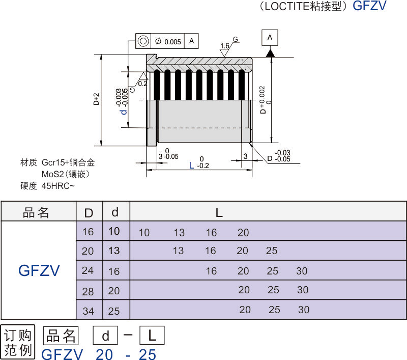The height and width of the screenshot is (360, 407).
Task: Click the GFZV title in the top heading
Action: pos(369,6)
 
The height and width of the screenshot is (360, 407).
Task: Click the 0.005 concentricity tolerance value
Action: pos(172,41)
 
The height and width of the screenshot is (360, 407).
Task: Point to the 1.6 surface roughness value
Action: pos(224,46)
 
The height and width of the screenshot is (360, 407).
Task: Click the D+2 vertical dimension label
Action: pos(96,99)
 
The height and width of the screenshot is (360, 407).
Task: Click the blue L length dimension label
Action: pos(191,165)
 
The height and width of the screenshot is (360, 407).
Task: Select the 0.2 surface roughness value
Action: pos(143,84)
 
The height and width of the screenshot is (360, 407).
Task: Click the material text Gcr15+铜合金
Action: pos(68,163)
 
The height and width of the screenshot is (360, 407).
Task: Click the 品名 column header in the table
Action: pos(37,213)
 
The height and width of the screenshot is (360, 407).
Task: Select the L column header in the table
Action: pos(219,213)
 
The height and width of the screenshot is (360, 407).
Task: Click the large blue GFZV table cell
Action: pos(39,270)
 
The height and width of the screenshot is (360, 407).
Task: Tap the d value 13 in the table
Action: pos(114,251)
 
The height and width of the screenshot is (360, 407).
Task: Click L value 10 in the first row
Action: pos(144,233)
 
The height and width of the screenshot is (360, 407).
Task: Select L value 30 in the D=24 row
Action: pos(302,271)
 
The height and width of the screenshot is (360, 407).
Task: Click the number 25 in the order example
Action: pos(148,354)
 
